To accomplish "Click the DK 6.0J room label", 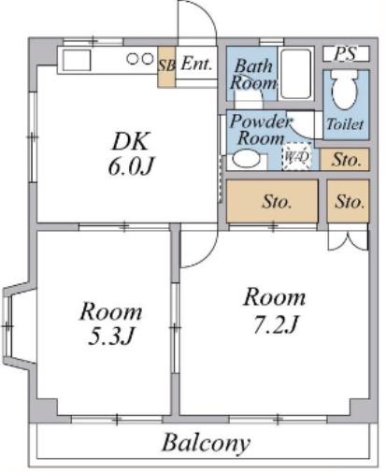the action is (x=131, y=153).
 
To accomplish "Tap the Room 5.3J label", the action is (x=110, y=323).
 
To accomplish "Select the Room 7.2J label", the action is (x=275, y=310).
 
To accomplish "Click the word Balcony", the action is (x=206, y=443).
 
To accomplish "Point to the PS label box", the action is (x=346, y=53).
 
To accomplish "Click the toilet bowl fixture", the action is (x=345, y=90).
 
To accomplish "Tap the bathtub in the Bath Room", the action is (x=295, y=74).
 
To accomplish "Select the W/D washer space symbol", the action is (x=297, y=156).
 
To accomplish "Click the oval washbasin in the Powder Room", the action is (x=246, y=159).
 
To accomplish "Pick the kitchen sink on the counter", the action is (x=77, y=61).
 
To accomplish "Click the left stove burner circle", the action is (x=133, y=59).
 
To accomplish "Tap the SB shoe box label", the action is (x=166, y=66).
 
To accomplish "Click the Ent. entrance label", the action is (x=196, y=64).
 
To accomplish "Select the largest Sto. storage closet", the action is (x=272, y=201).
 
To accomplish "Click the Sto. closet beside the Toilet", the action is (x=345, y=160).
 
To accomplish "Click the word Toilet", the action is (x=345, y=124).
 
